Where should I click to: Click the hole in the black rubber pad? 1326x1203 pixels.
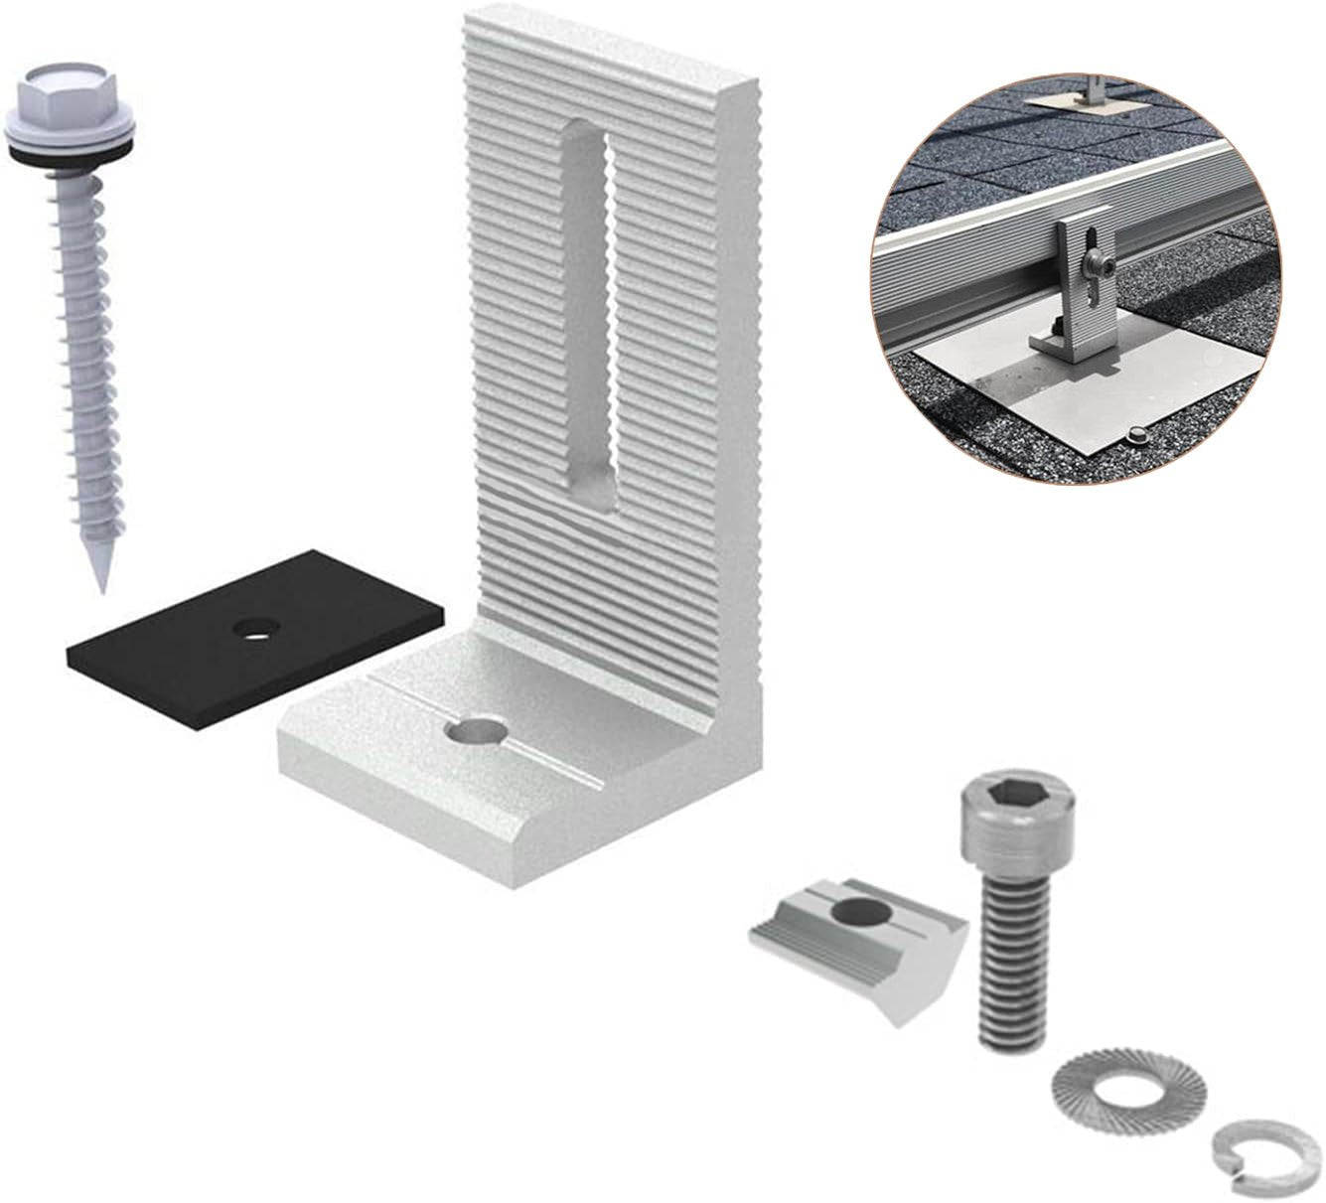click(255, 628)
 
